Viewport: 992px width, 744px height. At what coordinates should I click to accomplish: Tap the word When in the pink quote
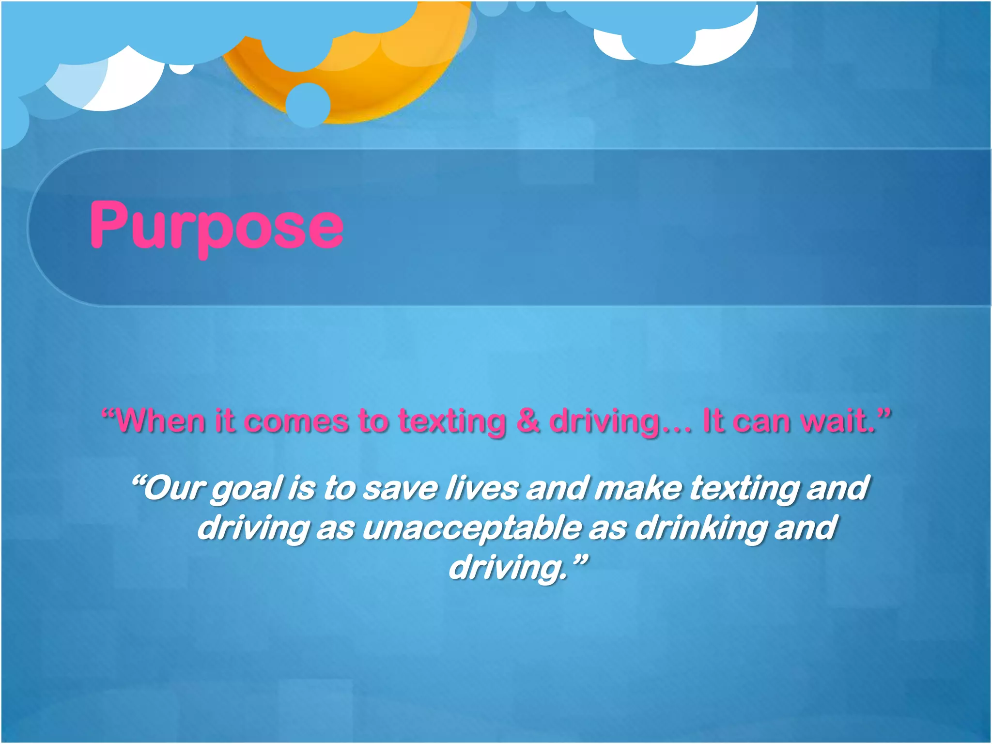pos(159,420)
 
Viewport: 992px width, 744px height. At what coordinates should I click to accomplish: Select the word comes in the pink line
pos(296,420)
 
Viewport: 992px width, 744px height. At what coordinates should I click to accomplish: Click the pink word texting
pos(452,420)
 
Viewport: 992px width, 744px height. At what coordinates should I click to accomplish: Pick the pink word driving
pos(605,420)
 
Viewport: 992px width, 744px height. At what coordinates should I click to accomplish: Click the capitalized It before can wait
pos(712,420)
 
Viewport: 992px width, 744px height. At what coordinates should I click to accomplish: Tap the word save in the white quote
pos(400,488)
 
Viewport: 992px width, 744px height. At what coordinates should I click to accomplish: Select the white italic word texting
pos(744,488)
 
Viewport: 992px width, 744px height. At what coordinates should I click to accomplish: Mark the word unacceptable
pos(472,528)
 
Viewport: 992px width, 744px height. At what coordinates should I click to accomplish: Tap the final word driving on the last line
pos(507,568)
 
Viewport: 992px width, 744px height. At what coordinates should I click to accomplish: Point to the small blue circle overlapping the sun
pos(308,105)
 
